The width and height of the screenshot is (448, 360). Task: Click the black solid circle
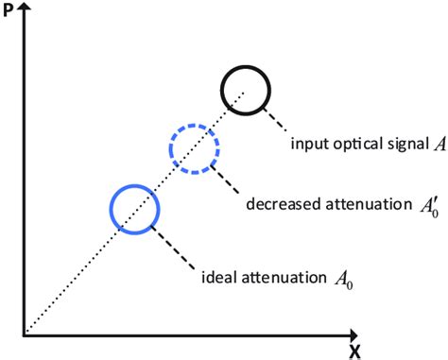pyautogui.click(x=246, y=91)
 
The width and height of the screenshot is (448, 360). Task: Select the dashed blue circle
pyautogui.click(x=194, y=149)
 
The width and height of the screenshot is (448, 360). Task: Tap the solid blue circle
pyautogui.click(x=134, y=208)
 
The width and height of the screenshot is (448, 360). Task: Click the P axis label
pyautogui.click(x=9, y=12)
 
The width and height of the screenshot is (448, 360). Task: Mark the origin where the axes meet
pyautogui.click(x=25, y=334)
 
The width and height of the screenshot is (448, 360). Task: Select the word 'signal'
pyautogui.click(x=397, y=145)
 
